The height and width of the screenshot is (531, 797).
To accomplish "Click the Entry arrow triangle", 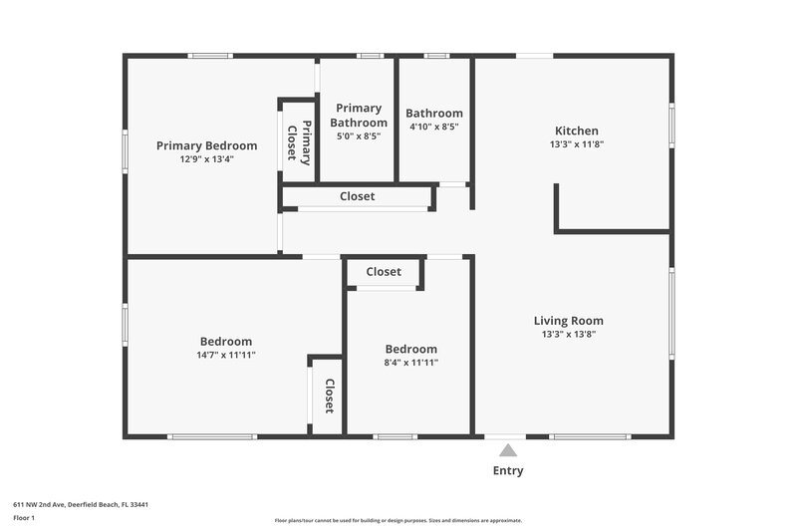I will tap(508, 450).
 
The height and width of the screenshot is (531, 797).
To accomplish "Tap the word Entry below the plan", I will tap(508, 471).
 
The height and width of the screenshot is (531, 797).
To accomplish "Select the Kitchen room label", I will tap(577, 131).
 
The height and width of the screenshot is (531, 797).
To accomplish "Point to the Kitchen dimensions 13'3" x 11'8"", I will tap(577, 144).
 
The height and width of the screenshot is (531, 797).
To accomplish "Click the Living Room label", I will tap(569, 321).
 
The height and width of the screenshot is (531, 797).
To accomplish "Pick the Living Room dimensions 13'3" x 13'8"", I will tap(569, 335).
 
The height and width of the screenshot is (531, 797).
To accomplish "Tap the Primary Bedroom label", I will tap(206, 145).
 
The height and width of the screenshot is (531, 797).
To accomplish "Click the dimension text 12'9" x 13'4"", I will tap(206, 159).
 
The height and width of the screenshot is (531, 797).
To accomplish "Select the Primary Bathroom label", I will tap(359, 116).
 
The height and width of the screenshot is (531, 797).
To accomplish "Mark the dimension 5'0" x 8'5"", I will tap(359, 136).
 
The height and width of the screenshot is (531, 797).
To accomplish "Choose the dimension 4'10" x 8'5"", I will tap(434, 128).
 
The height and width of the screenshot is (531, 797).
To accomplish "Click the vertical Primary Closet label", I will tap(299, 142).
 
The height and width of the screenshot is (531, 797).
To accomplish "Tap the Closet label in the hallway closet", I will tap(358, 197).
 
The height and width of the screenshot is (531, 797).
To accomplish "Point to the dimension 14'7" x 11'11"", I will tap(226, 356).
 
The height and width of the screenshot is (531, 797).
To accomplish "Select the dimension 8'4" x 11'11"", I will tap(411, 363).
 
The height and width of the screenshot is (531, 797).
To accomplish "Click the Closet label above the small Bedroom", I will tap(384, 272).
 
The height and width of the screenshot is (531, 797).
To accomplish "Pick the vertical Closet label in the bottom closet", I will tap(329, 397).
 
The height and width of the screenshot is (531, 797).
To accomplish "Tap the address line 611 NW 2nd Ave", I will tap(81, 505).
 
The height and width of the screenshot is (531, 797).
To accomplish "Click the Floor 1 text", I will tap(24, 519).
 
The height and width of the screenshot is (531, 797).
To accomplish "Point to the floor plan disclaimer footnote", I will tap(398, 520).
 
